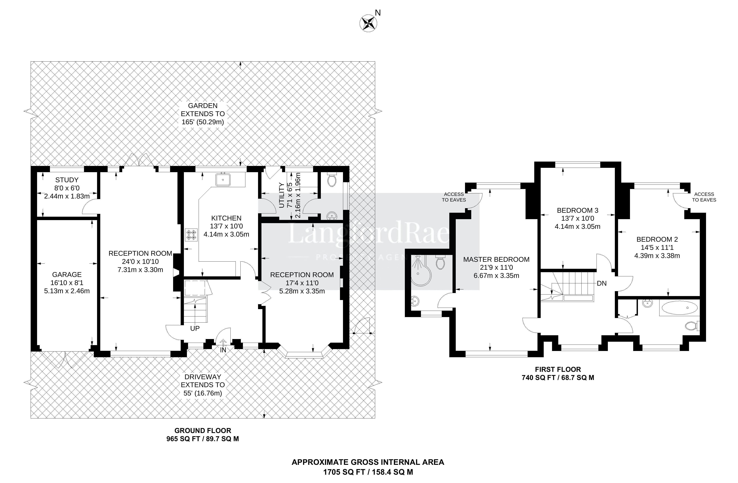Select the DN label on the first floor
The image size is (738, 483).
pyautogui.click(x=602, y=283)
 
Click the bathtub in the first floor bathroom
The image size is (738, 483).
pyautogui.click(x=679, y=308)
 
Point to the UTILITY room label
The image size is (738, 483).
pyautogui.click(x=282, y=195)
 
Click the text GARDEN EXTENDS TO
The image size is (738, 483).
pyautogui.click(x=203, y=110)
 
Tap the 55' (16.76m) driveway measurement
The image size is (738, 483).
pyautogui.click(x=203, y=393)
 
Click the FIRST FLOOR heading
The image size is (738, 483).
pyautogui.click(x=558, y=369)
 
